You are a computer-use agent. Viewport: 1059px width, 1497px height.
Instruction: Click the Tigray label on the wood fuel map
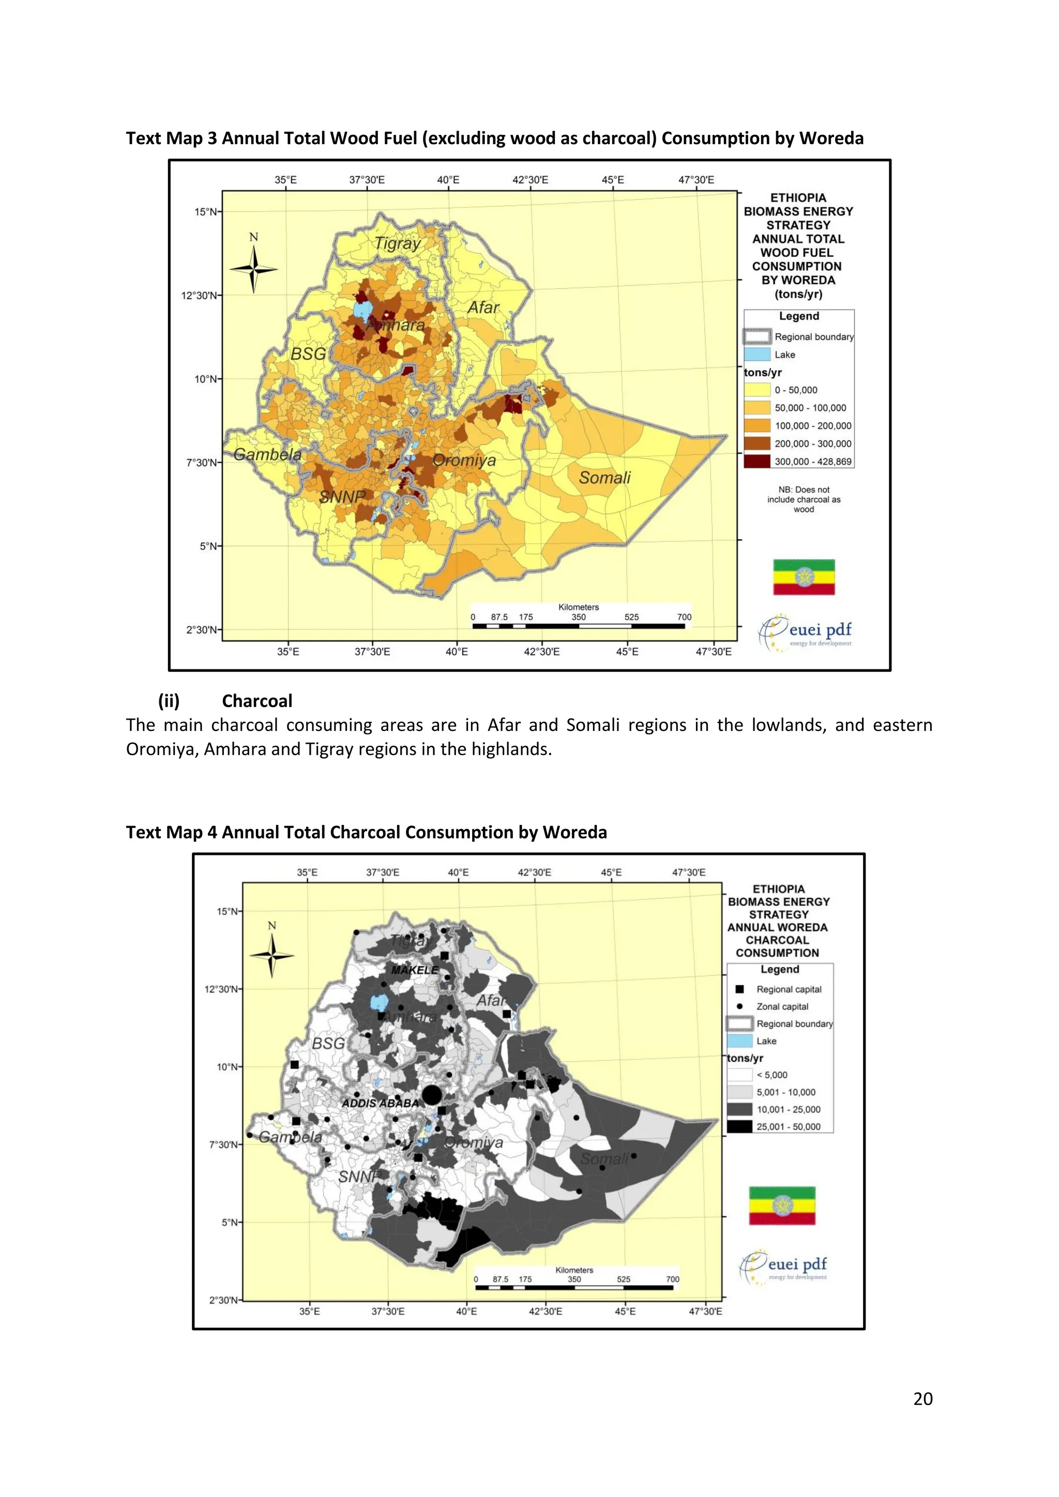[397, 244]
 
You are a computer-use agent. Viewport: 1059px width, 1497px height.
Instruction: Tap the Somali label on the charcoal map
[604, 1158]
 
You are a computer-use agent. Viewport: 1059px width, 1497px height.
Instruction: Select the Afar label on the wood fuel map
[483, 308]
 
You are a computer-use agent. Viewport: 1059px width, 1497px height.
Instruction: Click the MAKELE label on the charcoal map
[415, 970]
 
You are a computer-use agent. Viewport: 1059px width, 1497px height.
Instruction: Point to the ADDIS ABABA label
[380, 1103]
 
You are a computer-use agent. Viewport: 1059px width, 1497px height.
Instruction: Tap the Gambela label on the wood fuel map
[267, 454]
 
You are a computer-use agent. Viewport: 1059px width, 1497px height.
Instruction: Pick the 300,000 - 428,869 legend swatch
[757, 461]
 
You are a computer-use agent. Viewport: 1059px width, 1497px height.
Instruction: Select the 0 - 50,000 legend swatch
[757, 390]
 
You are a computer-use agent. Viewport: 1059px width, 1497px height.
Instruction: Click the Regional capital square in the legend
[739, 989]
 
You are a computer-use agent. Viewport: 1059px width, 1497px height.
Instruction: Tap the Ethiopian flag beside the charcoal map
[782, 1205]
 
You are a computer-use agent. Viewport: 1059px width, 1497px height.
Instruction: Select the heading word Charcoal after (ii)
[257, 701]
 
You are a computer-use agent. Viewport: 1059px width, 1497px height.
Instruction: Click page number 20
[922, 1399]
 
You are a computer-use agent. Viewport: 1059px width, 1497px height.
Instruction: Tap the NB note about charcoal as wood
[804, 499]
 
